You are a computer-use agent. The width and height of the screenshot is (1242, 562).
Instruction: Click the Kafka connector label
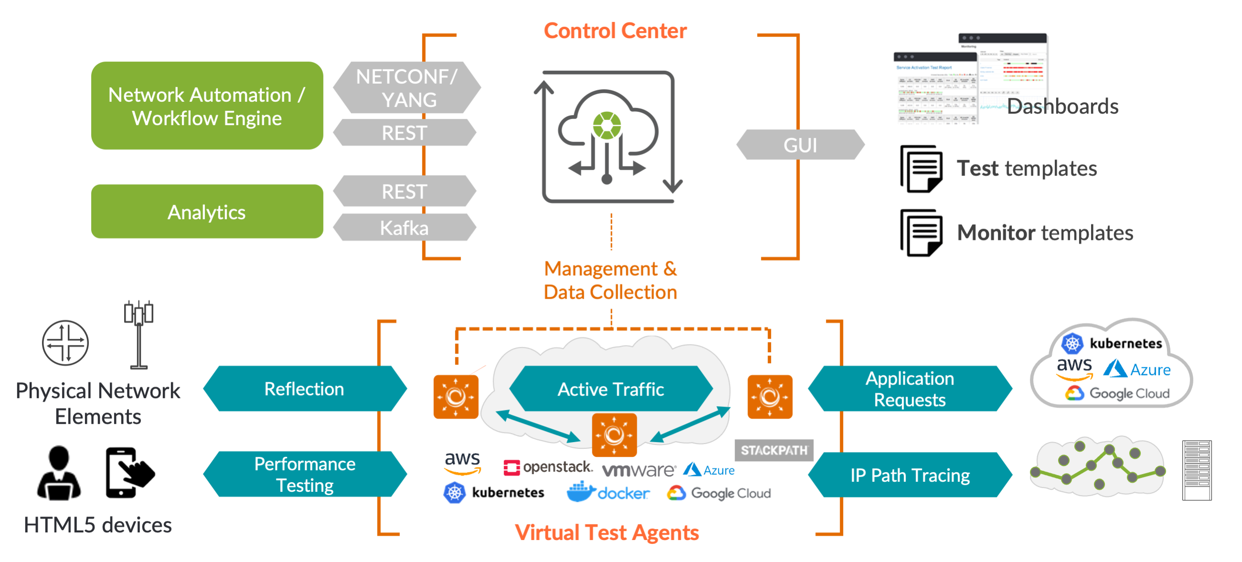coord(404,227)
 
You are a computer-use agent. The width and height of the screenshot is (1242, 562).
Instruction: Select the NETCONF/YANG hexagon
coord(407,88)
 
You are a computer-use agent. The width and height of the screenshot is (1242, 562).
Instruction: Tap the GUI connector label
coord(800,145)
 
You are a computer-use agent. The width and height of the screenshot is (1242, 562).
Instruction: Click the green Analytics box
coord(207,212)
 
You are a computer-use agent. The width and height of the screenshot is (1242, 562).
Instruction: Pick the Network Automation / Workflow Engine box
coord(207,106)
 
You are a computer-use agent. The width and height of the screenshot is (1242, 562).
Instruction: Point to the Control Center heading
coord(615,31)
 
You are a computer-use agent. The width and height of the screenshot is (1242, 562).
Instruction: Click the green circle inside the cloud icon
coord(607,125)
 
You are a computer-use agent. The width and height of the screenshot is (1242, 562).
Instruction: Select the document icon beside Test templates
coord(921,169)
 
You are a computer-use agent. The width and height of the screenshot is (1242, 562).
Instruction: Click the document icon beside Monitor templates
coord(921,233)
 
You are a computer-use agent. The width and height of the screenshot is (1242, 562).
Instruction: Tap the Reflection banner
coord(304,389)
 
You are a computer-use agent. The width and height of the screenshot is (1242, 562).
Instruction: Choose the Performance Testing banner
coord(304,474)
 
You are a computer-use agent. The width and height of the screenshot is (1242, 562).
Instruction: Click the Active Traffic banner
coord(610,389)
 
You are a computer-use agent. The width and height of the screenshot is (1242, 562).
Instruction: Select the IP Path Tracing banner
coord(910,475)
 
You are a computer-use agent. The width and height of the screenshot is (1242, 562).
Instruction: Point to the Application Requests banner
coord(910,389)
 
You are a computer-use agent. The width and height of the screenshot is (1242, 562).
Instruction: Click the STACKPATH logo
coord(774,450)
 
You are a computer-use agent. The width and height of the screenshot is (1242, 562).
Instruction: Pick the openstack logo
coord(547,467)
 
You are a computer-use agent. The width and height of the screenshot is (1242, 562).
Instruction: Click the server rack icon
coord(1197,470)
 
